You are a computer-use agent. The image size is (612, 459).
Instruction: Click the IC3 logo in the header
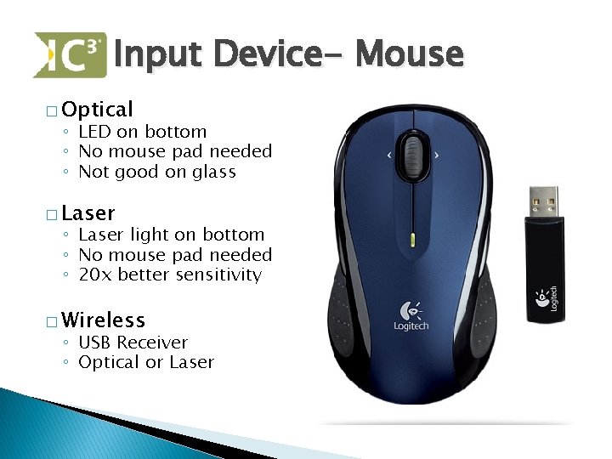coord(70,55)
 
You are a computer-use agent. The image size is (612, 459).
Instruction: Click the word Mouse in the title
coord(410,54)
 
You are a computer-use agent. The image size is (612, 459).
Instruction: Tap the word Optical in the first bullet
coord(97,109)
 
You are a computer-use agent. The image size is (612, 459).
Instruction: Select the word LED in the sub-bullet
coord(94,132)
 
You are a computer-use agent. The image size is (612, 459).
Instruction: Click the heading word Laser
coord(88,212)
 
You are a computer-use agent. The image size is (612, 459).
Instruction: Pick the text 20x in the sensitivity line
coord(95,275)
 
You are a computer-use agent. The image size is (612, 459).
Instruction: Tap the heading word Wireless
coord(103,320)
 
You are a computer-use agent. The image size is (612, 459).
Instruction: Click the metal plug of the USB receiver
coord(543,201)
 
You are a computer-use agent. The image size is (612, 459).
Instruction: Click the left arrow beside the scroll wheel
coord(389,155)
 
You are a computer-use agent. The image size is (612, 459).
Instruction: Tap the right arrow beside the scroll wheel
coord(437,155)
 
